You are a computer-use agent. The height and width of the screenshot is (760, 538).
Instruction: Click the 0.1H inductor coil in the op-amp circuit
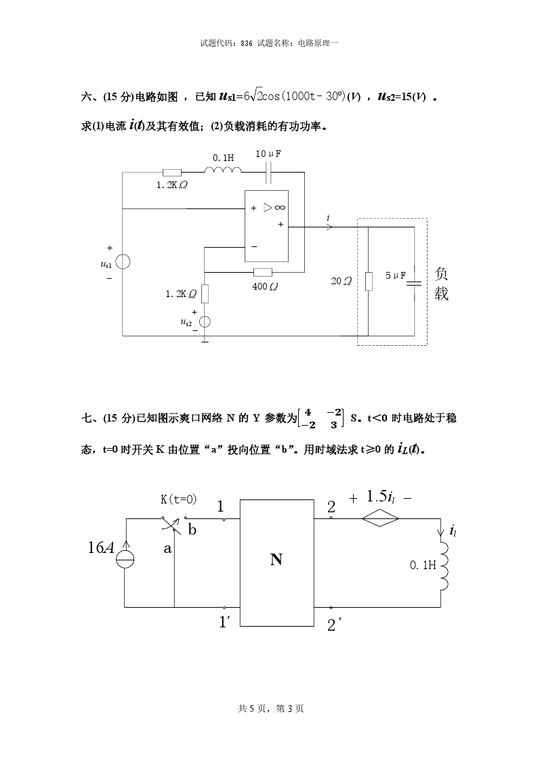tap(223, 169)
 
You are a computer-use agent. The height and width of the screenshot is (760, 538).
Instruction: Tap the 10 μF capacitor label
tap(268, 154)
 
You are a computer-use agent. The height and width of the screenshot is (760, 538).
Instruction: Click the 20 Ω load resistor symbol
tap(369, 282)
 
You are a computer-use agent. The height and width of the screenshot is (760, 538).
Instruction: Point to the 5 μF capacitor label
tap(396, 275)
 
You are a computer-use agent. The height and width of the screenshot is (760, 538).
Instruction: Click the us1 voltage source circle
tap(123, 262)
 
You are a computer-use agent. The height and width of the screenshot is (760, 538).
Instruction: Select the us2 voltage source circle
tap(205, 322)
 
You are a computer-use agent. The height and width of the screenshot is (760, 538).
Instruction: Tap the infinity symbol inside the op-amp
tap(280, 207)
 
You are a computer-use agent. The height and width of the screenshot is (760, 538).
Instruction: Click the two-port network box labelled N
tap(275, 560)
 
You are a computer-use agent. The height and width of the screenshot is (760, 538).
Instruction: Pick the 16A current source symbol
tap(125, 559)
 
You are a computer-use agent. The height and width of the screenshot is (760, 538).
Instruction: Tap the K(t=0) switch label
tap(178, 499)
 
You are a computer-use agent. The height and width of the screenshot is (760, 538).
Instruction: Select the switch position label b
tap(192, 530)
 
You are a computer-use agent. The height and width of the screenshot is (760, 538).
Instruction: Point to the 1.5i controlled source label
tap(381, 497)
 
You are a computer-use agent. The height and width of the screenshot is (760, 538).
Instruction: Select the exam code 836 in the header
tap(246, 43)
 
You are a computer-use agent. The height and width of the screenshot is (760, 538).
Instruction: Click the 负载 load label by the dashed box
tap(441, 284)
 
